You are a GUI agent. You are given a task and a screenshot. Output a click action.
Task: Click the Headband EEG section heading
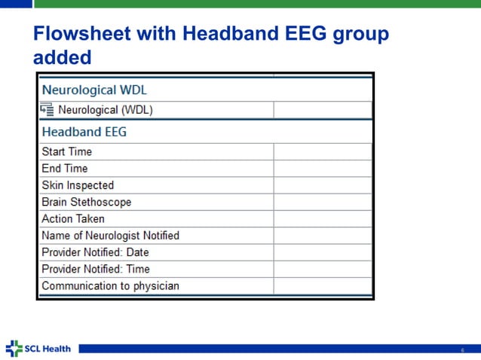pyautogui.click(x=84, y=132)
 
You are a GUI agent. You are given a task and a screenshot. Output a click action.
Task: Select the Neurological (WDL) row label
pyautogui.click(x=106, y=110)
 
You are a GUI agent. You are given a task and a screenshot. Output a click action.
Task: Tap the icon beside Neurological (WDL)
pyautogui.click(x=47, y=110)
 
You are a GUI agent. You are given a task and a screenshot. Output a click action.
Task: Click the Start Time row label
pyautogui.click(x=67, y=151)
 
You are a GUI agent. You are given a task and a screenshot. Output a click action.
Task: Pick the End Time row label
pyautogui.click(x=65, y=168)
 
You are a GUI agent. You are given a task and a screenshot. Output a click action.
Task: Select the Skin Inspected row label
pyautogui.click(x=78, y=185)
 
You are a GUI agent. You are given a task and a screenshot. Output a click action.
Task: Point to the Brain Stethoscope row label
pyautogui.click(x=86, y=202)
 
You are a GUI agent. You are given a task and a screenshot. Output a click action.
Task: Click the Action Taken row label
pyautogui.click(x=73, y=218)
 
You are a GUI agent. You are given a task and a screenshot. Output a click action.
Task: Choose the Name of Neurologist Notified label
pyautogui.click(x=110, y=236)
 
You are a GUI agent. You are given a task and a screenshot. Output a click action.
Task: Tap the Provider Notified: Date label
pyautogui.click(x=95, y=252)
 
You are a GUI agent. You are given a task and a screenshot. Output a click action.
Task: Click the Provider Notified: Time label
pyautogui.click(x=96, y=269)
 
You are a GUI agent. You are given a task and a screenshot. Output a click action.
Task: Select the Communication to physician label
pyautogui.click(x=110, y=286)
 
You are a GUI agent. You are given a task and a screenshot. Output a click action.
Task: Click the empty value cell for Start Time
pyautogui.click(x=323, y=151)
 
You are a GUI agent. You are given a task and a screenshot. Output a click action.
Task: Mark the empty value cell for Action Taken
pyautogui.click(x=323, y=218)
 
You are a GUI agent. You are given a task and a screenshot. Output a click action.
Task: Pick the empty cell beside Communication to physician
pyautogui.click(x=323, y=286)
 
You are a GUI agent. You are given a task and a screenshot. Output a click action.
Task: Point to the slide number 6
pyautogui.click(x=463, y=349)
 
